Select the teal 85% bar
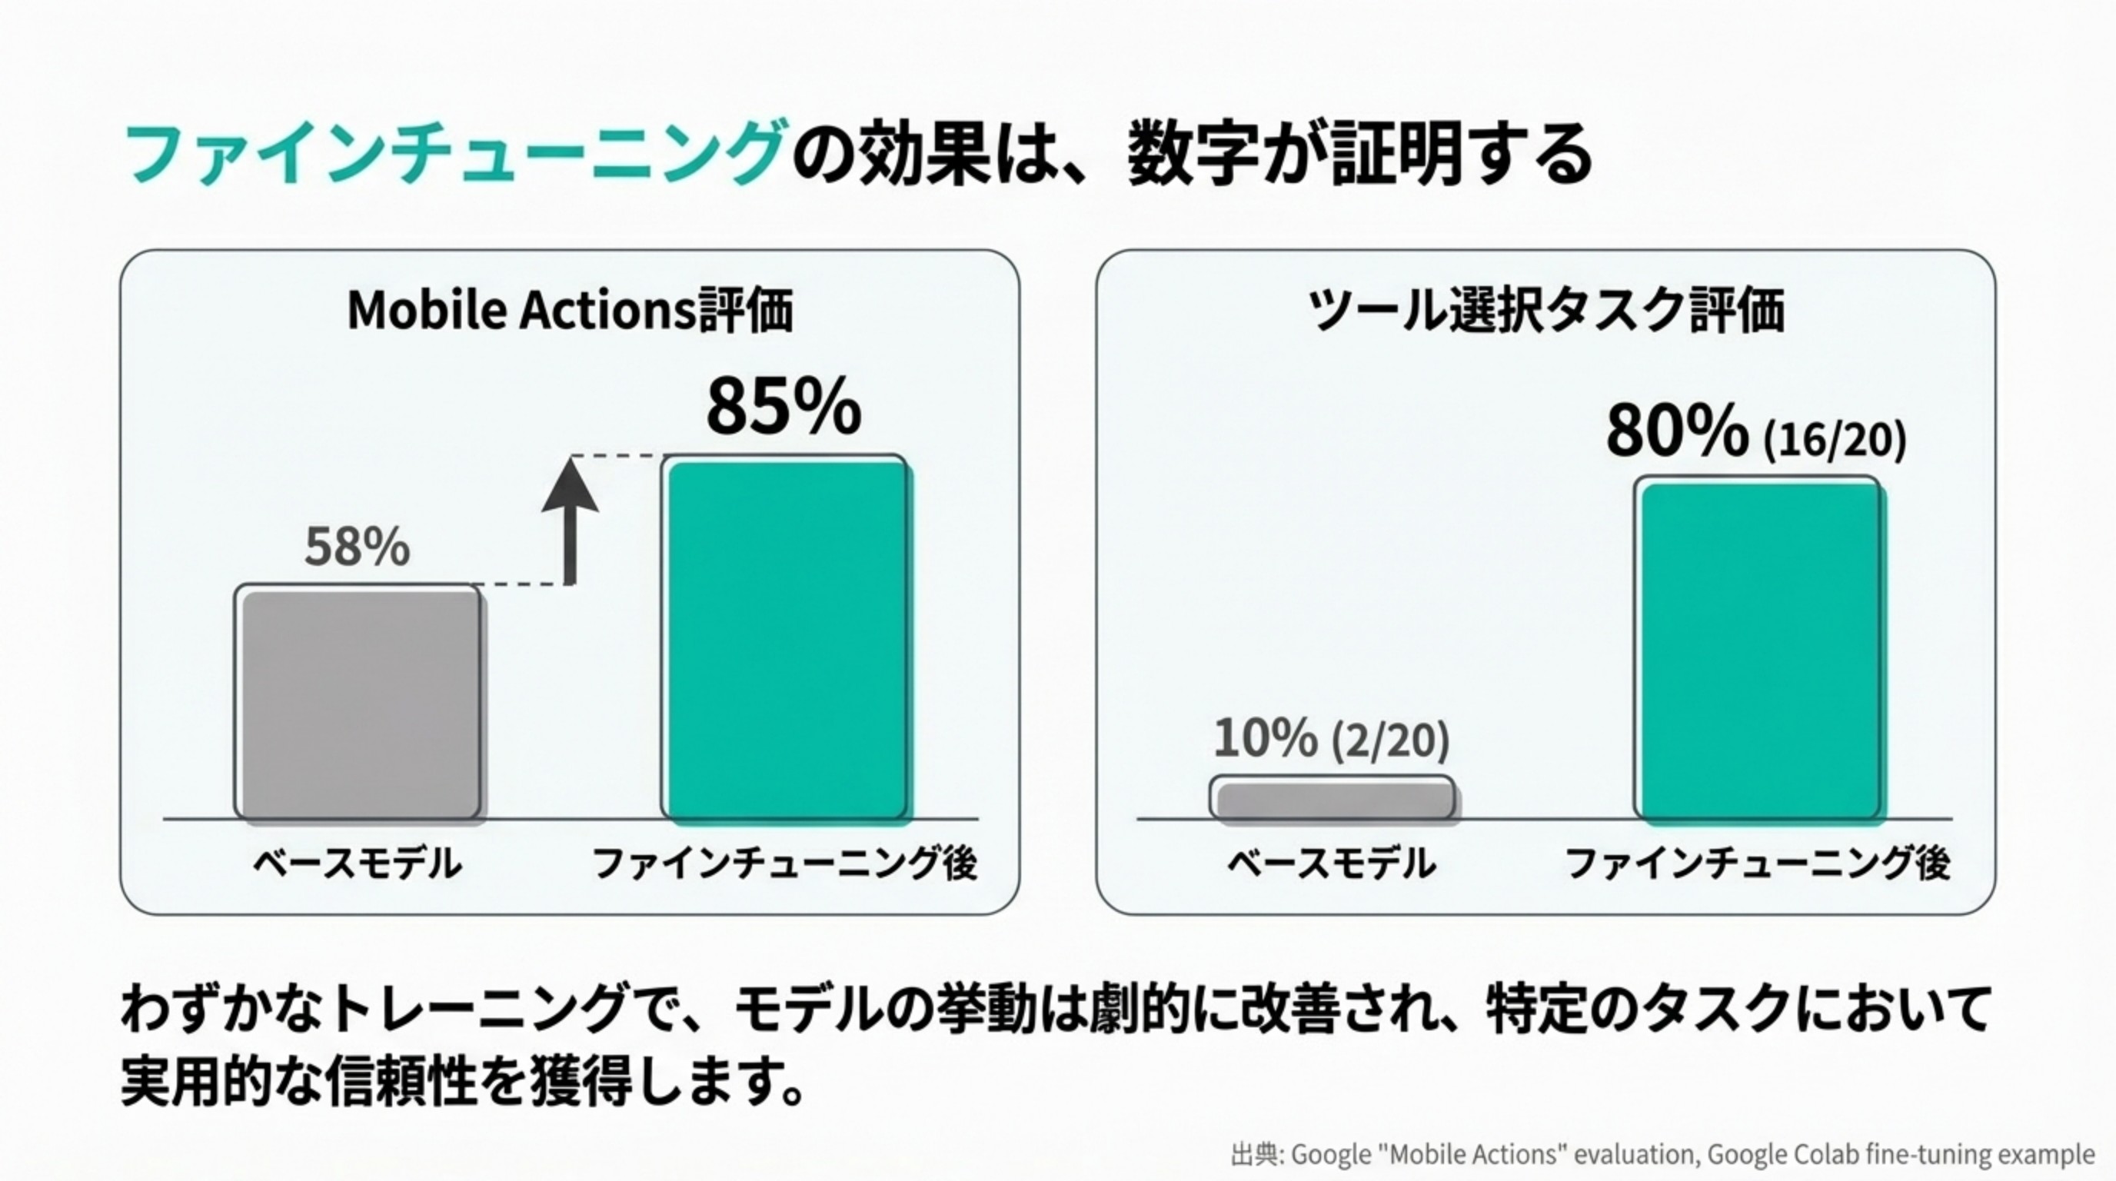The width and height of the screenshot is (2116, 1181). point(786,639)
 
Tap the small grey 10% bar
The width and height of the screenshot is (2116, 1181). point(1332,799)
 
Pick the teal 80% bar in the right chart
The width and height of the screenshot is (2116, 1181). point(1758,650)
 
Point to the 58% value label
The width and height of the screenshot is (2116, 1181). point(357,547)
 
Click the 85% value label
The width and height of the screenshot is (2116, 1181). point(784,408)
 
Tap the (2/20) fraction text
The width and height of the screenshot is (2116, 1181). point(1390,740)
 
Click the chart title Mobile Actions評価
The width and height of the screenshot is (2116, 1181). point(569,311)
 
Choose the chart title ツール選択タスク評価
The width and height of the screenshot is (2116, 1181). point(1545,311)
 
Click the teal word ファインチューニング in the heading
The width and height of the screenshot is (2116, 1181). point(452,154)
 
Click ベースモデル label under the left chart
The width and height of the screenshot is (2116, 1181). point(357,863)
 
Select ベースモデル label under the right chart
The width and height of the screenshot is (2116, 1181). point(1332,863)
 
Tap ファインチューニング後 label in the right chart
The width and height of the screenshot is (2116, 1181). point(1757,863)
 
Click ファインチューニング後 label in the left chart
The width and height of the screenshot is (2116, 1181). point(784,863)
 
